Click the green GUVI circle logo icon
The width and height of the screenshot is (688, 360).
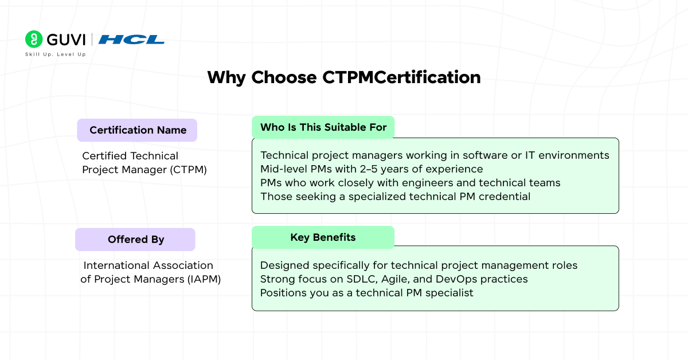coord(34,39)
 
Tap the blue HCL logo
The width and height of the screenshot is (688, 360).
coord(131,40)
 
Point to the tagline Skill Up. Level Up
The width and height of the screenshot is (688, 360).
coord(55,54)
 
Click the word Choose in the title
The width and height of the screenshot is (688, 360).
coord(284,77)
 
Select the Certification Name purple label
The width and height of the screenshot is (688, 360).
coord(137,130)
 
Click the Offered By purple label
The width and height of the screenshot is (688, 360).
coord(135,240)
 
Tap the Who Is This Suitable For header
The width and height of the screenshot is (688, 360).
coord(323,127)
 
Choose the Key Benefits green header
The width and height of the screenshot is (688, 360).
coord(323,237)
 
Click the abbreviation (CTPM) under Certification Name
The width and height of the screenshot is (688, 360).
coord(188,170)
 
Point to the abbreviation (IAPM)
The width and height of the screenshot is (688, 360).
coord(204,279)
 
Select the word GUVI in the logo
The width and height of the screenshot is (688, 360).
coord(66,40)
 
